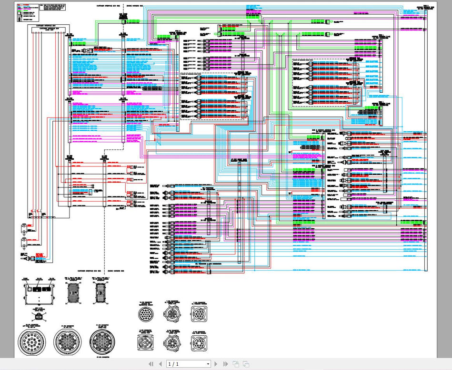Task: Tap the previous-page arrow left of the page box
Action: [x=160, y=364]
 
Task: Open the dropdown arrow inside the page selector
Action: [x=208, y=364]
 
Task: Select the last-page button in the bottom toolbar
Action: [x=225, y=364]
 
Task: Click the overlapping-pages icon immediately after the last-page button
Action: [x=235, y=364]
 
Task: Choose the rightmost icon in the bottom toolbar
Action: [x=246, y=364]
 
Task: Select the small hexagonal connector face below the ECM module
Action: [x=39, y=314]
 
